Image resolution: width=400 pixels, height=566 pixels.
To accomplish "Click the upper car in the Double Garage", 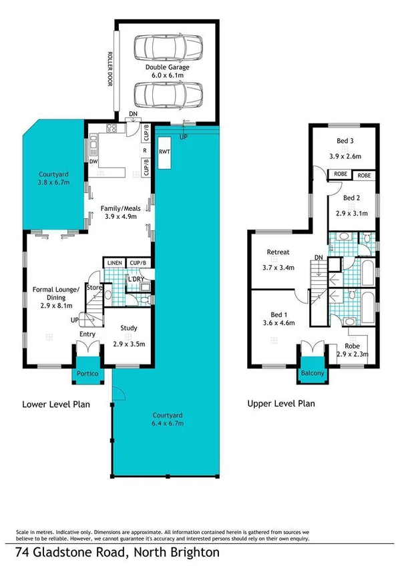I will pyautogui.click(x=166, y=47).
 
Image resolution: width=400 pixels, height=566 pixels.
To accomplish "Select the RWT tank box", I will pyautogui.click(x=164, y=153).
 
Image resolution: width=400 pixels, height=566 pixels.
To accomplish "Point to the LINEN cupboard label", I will pyautogui.click(x=114, y=264).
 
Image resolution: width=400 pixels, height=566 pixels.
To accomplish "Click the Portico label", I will pyautogui.click(x=87, y=374).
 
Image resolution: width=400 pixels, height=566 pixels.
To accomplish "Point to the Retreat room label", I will pyautogui.click(x=278, y=252).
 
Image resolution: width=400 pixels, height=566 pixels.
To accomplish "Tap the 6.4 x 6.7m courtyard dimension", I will pyautogui.click(x=166, y=423).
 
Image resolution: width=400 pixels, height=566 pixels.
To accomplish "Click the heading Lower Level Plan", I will pyautogui.click(x=56, y=404).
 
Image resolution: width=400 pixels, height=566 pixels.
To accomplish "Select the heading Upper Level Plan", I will pyautogui.click(x=281, y=404).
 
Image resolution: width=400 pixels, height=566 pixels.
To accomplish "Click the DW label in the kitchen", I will pyautogui.click(x=93, y=161).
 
